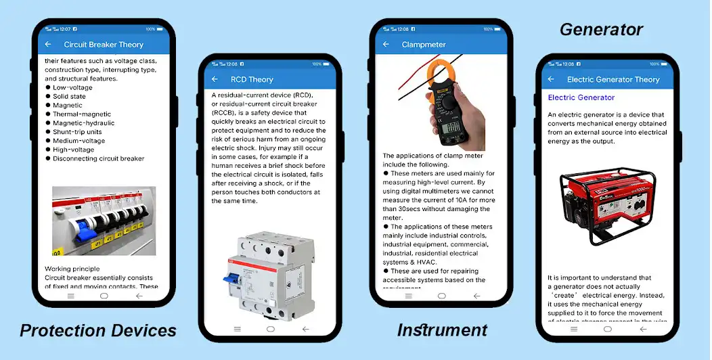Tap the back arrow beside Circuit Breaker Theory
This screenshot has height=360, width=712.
(48, 45)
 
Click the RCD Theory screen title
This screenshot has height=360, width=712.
(252, 79)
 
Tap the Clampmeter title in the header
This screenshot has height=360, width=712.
(424, 45)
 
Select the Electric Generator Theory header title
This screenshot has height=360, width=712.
(613, 79)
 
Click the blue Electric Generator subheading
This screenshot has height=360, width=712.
(581, 97)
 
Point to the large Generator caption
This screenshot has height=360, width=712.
(601, 30)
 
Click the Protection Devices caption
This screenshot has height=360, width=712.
(98, 330)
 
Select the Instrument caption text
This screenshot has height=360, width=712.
(442, 330)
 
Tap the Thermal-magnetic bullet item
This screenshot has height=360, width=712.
(82, 114)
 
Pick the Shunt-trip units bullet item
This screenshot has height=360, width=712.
(79, 132)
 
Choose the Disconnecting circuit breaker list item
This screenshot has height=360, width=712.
(98, 158)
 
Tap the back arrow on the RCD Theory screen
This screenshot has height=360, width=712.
(215, 79)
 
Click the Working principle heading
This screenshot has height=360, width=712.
(72, 269)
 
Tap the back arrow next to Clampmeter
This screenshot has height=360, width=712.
(386, 45)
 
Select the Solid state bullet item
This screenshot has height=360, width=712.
(69, 97)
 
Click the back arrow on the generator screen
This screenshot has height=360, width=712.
(551, 79)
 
